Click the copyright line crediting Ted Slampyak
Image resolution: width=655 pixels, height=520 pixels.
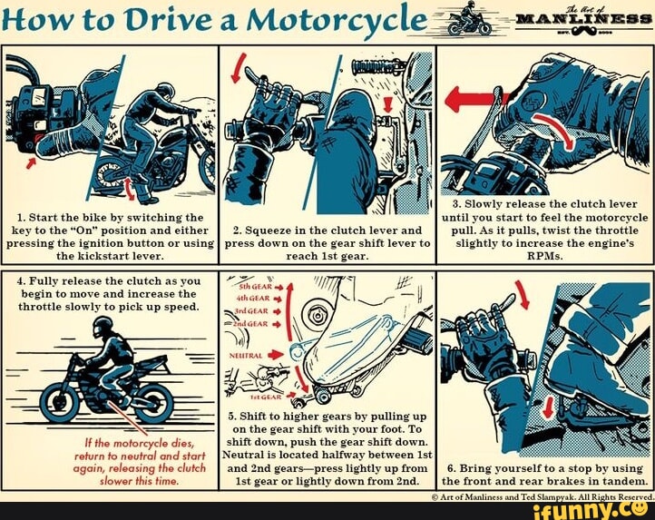pos(543,495)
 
